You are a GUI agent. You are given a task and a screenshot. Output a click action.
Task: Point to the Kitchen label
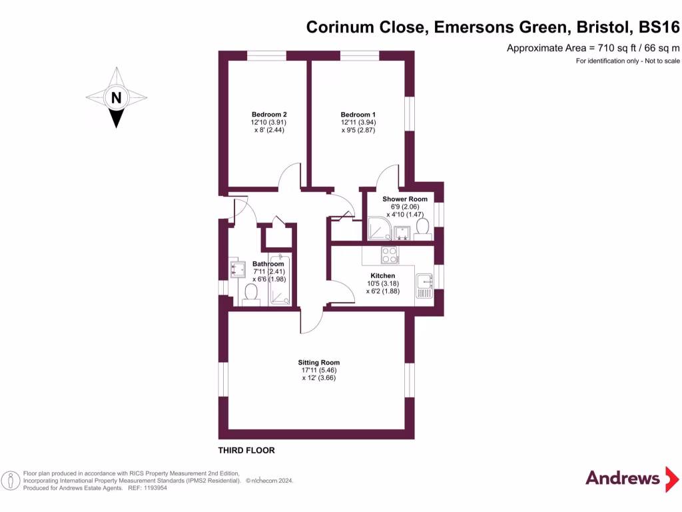383,275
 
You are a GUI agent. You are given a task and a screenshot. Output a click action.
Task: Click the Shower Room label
405,199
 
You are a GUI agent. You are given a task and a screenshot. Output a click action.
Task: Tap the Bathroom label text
268,264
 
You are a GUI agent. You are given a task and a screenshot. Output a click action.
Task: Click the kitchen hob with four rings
390,255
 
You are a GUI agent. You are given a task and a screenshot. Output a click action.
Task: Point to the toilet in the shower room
421,228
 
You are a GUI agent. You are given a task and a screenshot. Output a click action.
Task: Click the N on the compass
117,97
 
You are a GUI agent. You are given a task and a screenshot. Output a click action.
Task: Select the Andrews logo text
622,477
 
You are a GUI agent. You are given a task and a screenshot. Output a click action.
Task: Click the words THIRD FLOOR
246,451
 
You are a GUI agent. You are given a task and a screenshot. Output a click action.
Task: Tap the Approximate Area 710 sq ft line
593,48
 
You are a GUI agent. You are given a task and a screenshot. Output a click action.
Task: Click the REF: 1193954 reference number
146,488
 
